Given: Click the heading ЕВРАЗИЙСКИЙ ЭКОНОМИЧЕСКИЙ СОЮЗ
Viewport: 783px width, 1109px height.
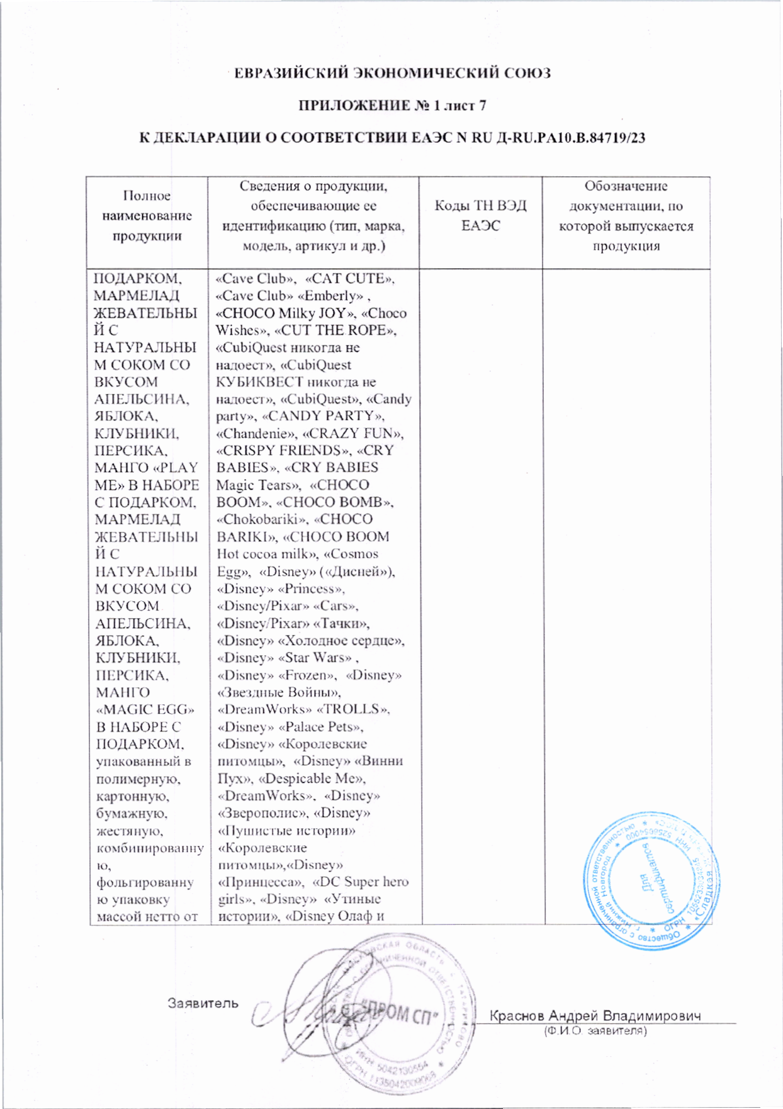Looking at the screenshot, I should (x=392, y=73).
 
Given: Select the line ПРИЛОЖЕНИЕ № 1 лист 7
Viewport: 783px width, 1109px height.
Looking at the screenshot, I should (x=392, y=105).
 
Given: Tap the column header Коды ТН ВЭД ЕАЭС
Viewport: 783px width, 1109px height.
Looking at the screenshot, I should (x=480, y=216).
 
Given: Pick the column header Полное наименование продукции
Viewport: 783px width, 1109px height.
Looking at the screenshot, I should (x=147, y=216).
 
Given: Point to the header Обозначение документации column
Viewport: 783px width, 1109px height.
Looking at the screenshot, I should (x=626, y=216).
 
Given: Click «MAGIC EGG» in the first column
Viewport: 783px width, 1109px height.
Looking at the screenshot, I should (x=145, y=709).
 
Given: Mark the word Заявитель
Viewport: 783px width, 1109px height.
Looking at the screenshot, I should (x=203, y=1003).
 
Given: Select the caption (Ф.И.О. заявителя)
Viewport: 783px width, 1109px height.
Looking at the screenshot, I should (x=595, y=1031).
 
